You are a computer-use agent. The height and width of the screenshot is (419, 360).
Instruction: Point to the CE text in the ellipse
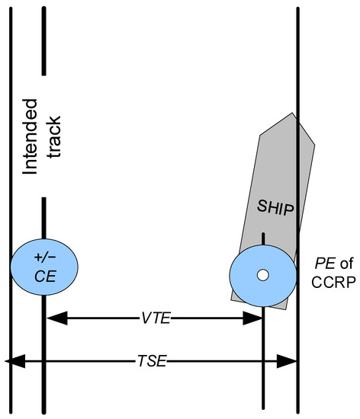tap(43, 275)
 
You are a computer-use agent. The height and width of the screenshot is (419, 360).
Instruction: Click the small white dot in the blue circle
tap(262, 275)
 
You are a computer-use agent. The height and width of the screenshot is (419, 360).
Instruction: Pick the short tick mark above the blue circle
tap(263, 238)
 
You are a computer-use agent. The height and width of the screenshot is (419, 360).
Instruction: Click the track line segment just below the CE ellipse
tap(43, 305)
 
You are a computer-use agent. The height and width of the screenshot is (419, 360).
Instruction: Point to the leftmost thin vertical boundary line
tap(8, 190)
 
